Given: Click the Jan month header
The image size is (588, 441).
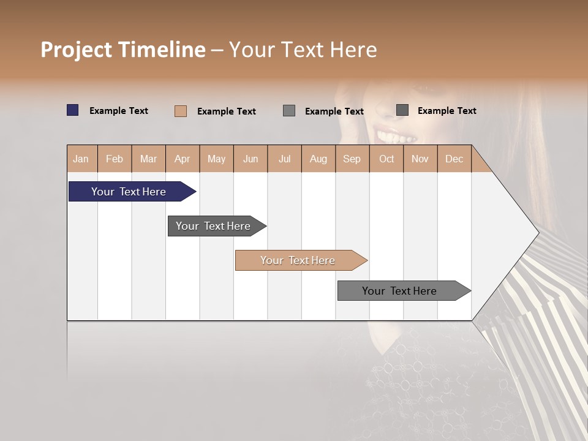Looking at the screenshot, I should [81, 159].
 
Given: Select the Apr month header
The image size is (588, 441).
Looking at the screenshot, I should [182, 159].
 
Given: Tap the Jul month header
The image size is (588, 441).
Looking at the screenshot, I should [284, 159].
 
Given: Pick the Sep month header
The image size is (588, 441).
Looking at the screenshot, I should [352, 159].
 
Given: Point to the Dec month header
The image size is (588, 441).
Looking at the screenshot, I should [454, 159].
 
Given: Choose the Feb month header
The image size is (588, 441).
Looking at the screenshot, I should [115, 159].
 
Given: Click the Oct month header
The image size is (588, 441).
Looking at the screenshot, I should [386, 159].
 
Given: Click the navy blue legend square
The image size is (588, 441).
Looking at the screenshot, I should [73, 110].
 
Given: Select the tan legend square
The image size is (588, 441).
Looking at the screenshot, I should [181, 111].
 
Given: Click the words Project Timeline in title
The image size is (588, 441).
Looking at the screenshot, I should [123, 50].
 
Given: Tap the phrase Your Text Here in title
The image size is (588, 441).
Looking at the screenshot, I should [303, 50].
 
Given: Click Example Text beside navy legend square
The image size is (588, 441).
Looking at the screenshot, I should [119, 111].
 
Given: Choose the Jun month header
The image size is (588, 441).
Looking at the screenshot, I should [251, 159].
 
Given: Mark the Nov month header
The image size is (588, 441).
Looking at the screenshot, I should [420, 159].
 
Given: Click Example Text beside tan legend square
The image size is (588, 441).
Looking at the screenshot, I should [227, 111].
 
